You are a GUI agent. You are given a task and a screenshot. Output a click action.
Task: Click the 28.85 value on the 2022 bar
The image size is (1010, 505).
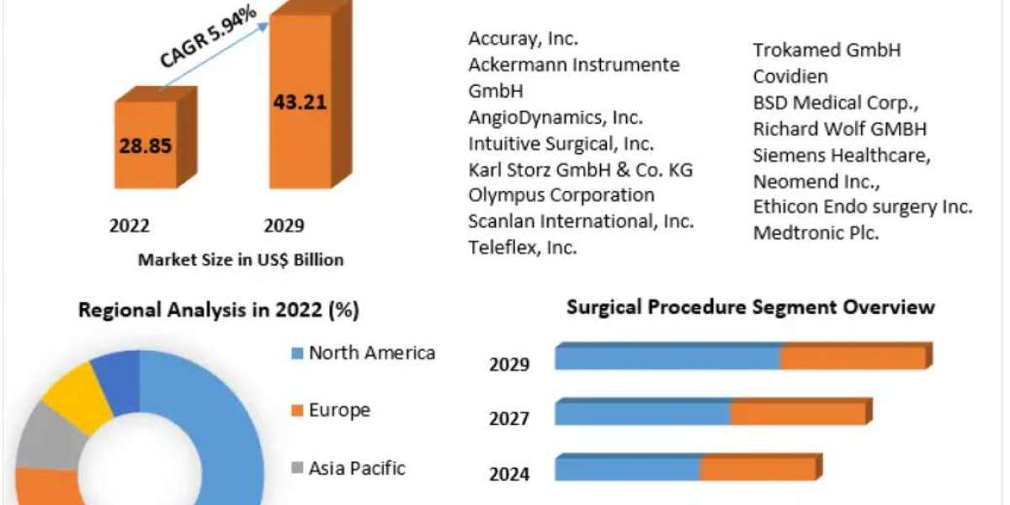pos(146,145)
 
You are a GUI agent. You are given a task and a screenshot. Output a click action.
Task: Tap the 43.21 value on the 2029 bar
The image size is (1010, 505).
pos(299,103)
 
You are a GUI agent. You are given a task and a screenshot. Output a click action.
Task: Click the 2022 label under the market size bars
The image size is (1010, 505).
pos(130,226)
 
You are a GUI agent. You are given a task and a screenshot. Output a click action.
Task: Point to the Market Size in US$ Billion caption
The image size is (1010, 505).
pos(241,260)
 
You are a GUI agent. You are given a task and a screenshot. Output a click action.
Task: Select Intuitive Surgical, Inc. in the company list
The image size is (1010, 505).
pos(561,143)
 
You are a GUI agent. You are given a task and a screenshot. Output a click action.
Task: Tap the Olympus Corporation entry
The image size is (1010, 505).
pos(561,195)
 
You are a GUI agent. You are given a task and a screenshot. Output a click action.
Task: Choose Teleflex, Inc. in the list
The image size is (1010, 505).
pos(523,247)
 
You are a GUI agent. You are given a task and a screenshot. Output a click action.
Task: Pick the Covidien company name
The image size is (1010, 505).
pos(790,76)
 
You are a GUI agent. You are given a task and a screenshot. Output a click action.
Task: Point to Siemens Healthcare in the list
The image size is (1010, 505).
pos(842,155)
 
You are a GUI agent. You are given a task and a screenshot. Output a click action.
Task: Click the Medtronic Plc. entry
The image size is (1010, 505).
pos(816,233)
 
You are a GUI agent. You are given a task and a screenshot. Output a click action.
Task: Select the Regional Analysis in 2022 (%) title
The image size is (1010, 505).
pos(219,311)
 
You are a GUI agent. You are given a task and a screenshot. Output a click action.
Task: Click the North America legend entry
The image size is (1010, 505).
pos(371,353)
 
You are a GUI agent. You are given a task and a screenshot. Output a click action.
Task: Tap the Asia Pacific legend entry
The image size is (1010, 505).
pos(356,468)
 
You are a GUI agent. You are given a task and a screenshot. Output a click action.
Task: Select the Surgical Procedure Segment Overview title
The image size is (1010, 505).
pos(751,306)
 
